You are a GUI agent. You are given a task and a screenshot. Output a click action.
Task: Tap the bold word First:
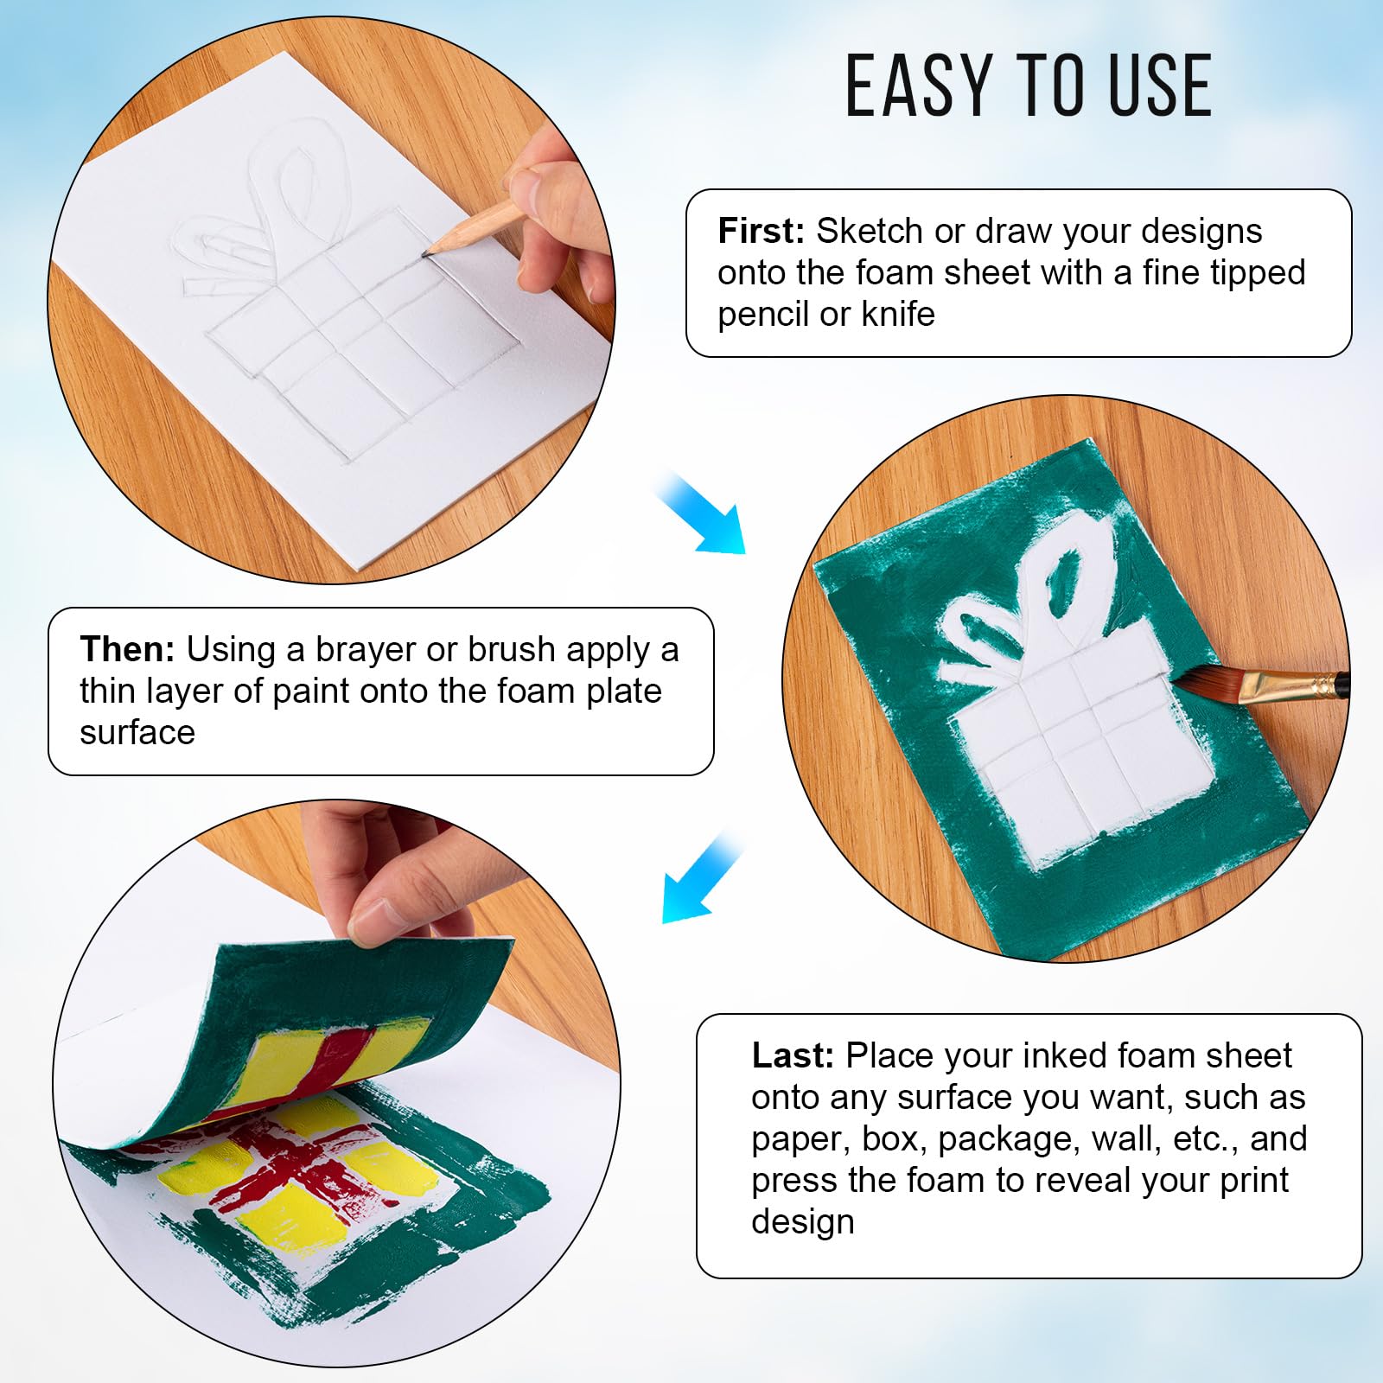pos(762,231)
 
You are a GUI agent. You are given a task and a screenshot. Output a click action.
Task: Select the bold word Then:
pos(128,649)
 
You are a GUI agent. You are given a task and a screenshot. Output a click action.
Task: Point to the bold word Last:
pos(793,1055)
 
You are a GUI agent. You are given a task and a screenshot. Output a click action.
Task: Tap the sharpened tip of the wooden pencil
pos(425,253)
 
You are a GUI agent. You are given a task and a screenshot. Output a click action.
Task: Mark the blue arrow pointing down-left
pos(702,877)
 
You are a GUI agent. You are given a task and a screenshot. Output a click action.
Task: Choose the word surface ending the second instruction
pos(137,734)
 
